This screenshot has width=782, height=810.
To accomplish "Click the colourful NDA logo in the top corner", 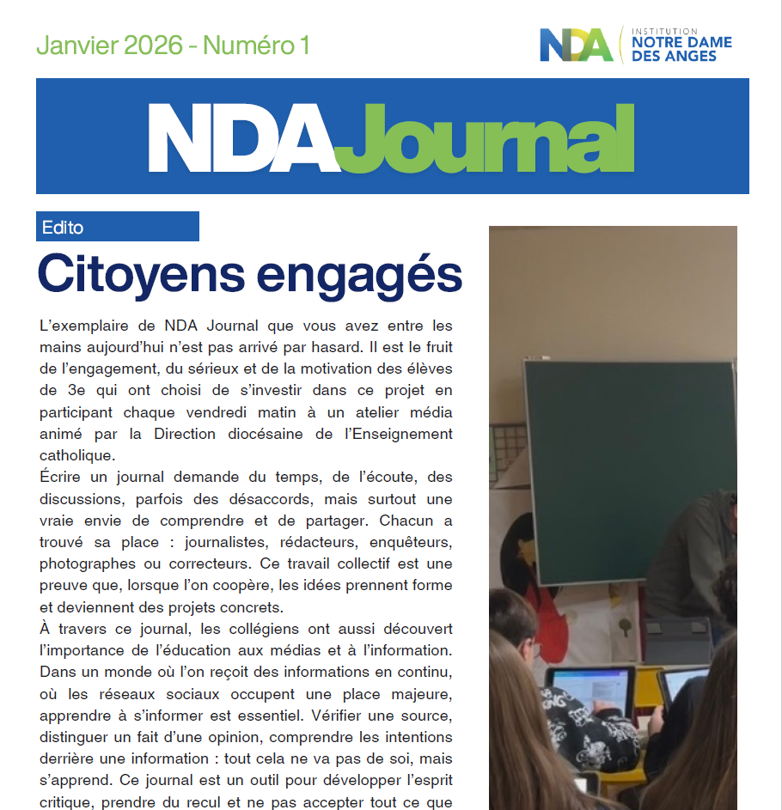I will pyautogui.click(x=576, y=46).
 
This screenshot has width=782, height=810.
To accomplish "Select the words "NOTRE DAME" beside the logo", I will pyautogui.click(x=681, y=41).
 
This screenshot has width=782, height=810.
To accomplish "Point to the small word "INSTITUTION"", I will pyautogui.click(x=664, y=30).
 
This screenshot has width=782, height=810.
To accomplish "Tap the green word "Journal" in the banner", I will pyautogui.click(x=486, y=140).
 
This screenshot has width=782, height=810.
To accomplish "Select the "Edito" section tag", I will pyautogui.click(x=63, y=228).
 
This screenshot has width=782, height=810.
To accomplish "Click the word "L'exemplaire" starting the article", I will pyautogui.click(x=77, y=326).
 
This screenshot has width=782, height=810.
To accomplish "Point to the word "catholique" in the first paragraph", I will pyautogui.click(x=76, y=455).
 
